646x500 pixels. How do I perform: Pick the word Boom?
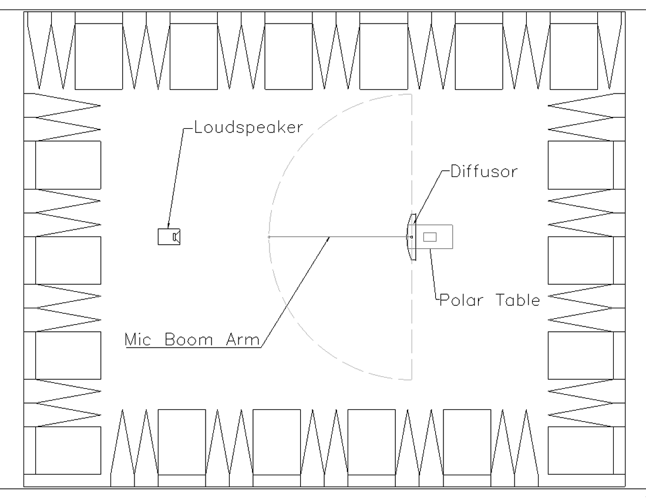point(189,339)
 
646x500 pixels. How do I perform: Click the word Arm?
point(241,339)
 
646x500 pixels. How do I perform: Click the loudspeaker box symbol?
point(165,236)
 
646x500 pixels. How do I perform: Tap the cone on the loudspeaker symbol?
point(176,236)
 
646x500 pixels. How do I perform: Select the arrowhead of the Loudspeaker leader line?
point(169,225)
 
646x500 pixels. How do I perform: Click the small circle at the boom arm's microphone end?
point(268,236)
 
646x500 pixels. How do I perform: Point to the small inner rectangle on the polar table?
point(430,236)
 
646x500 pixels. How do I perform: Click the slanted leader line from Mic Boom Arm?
point(297,288)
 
